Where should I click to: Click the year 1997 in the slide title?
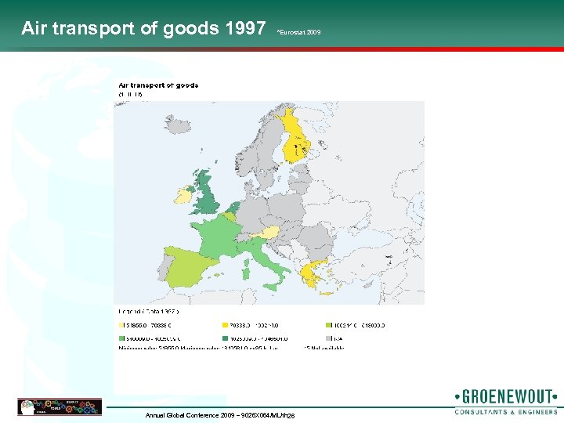click(x=244, y=29)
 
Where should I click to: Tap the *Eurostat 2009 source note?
click(x=298, y=32)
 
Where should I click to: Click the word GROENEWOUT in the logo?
click(x=505, y=396)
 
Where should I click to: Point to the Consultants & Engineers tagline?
click(x=505, y=410)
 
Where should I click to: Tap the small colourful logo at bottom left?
click(x=60, y=407)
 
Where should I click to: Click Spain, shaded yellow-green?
click(x=188, y=266)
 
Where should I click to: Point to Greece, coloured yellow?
click(x=321, y=273)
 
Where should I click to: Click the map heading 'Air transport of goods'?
click(x=158, y=85)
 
